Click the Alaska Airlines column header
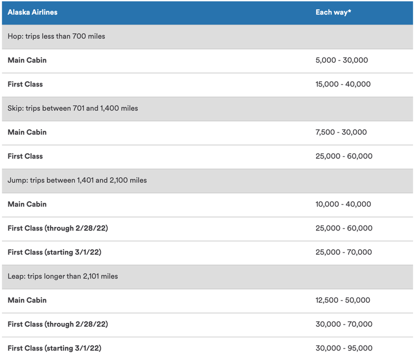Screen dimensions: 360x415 [32, 12]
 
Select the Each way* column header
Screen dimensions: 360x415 [333, 12]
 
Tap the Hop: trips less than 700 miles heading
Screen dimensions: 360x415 [56, 37]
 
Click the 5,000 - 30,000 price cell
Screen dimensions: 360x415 [341, 60]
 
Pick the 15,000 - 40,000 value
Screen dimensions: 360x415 [343, 84]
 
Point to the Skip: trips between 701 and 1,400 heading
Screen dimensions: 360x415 [73, 109]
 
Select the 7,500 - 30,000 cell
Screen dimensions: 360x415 [341, 132]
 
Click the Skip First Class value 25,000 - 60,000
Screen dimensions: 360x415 [344, 156]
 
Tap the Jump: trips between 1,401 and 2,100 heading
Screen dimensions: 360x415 [77, 181]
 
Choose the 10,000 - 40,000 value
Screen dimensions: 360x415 [343, 204]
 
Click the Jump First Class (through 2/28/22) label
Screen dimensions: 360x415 [58, 228]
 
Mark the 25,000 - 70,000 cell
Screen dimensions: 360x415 [344, 252]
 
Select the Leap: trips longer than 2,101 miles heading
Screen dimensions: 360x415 [63, 276]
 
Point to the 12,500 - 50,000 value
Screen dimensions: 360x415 [343, 300]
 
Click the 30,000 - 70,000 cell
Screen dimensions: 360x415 [344, 324]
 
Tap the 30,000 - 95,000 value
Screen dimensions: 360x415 [344, 348]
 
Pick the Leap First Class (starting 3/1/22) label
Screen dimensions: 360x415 [54, 348]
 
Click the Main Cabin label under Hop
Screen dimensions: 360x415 [27, 60]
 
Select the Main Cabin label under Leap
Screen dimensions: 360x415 [27, 300]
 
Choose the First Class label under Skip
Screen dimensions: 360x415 [25, 156]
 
